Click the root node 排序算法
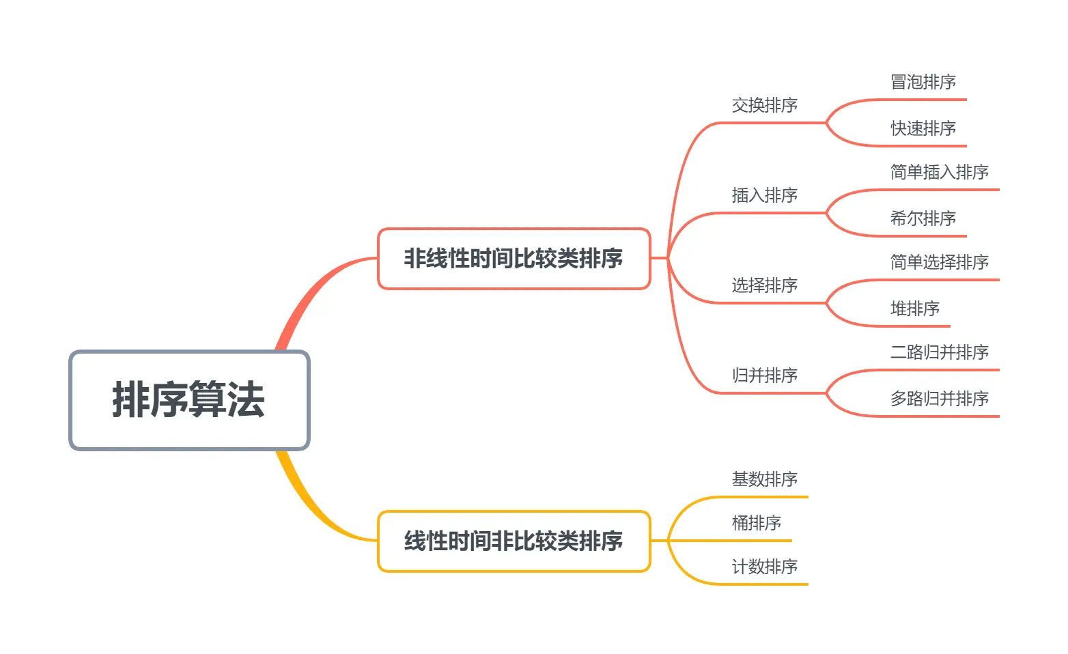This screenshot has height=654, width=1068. click(189, 400)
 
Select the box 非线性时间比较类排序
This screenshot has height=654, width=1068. click(514, 259)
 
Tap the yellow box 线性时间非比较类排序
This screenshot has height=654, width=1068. click(514, 541)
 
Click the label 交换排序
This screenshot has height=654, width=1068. click(764, 105)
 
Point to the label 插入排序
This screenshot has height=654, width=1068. click(764, 195)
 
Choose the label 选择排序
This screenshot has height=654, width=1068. click(764, 285)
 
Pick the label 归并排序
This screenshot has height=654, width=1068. click(764, 375)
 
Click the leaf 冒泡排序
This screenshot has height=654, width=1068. click(923, 82)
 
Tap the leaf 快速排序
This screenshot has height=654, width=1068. click(923, 128)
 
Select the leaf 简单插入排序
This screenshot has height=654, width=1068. click(939, 172)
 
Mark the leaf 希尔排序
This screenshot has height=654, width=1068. click(923, 218)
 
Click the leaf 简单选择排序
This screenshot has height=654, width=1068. click(939, 262)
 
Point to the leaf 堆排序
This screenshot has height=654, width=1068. click(914, 309)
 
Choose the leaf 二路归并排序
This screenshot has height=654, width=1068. click(939, 352)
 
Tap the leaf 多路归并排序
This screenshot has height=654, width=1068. click(939, 399)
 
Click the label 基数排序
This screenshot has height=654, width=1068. click(764, 479)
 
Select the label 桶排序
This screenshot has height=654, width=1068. click(756, 523)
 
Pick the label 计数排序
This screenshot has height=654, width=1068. click(764, 567)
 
